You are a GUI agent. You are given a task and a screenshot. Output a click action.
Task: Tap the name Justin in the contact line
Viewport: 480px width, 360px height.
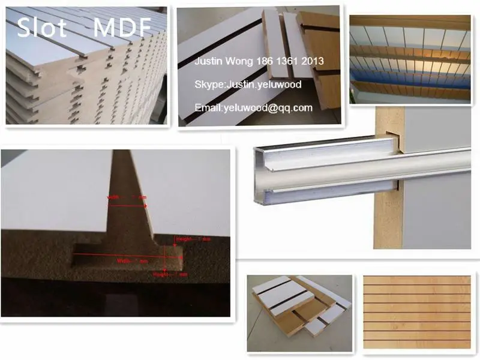point(209,61)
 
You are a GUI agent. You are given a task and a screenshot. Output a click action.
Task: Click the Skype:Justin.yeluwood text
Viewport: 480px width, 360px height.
point(248,85)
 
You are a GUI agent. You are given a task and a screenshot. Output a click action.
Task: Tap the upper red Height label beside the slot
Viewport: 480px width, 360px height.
point(193,239)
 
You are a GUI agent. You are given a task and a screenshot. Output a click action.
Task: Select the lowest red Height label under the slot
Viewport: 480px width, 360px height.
point(172,274)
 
